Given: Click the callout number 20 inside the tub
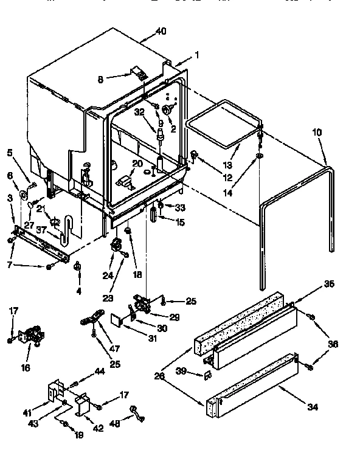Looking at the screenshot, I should (137, 164).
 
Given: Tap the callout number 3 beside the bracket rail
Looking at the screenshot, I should (11, 198).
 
